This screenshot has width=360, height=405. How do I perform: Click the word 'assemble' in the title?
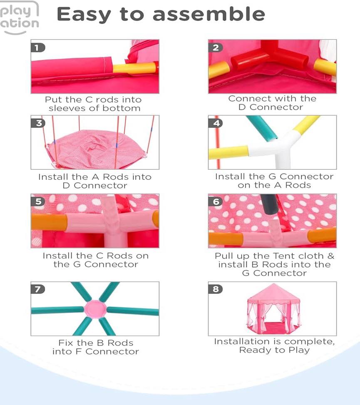[x=209, y=14]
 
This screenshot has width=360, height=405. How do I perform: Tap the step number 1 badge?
[x=38, y=47]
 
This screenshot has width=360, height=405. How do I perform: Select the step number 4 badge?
[x=216, y=123]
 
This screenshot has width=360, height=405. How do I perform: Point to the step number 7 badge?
[x=38, y=289]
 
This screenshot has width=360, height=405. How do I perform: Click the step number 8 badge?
[x=216, y=289]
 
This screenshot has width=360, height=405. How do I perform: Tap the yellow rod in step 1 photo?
[x=135, y=68]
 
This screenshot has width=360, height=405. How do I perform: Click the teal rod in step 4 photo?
[x=261, y=128]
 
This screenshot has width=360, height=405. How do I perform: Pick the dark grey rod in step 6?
[x=269, y=204]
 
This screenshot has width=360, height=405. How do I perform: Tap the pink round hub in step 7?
[x=95, y=309]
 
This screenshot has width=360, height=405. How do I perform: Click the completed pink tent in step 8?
[x=274, y=309]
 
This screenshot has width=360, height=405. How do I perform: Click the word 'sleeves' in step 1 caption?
[x=67, y=108]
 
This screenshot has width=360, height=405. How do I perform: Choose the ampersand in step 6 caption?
[x=331, y=256]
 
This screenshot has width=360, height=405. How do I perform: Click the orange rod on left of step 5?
[x=49, y=222]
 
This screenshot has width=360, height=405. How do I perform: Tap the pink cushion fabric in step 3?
[x=98, y=149]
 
